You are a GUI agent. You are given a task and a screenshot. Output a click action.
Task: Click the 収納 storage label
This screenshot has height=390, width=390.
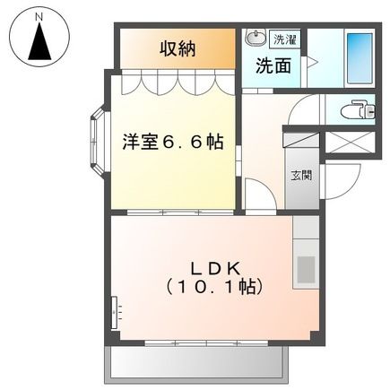pyautogui.click(x=178, y=48)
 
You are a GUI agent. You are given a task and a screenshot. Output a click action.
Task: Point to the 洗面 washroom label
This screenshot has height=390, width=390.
pyautogui.click(x=273, y=65)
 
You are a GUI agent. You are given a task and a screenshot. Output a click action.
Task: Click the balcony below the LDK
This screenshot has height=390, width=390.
pyautogui.click(x=197, y=362)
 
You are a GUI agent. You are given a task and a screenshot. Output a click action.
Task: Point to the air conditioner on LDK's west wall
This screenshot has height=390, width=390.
pyautogui.click(x=114, y=314)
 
